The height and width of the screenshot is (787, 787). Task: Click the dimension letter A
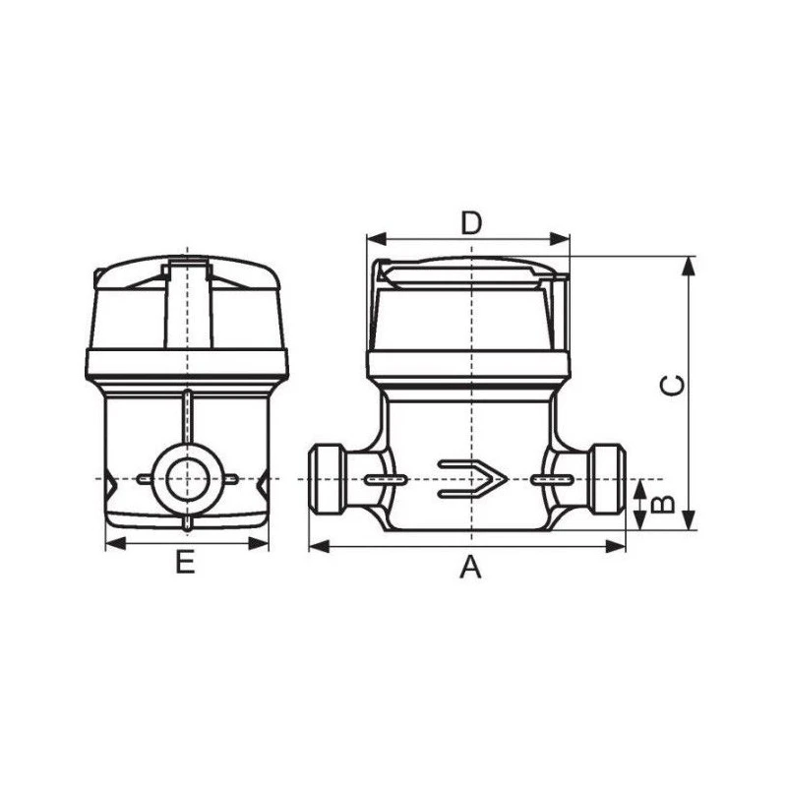click(x=471, y=568)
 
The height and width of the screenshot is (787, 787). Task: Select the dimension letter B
click(x=665, y=504)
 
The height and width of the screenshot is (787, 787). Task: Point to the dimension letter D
click(x=471, y=222)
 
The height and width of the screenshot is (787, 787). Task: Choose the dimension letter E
click(x=184, y=564)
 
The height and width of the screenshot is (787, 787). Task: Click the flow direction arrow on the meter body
click(x=472, y=479)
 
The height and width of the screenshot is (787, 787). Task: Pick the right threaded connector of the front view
click(x=608, y=479)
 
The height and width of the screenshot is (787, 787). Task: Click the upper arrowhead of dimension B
click(x=639, y=487)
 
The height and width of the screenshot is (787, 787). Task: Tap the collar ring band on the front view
click(x=469, y=367)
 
